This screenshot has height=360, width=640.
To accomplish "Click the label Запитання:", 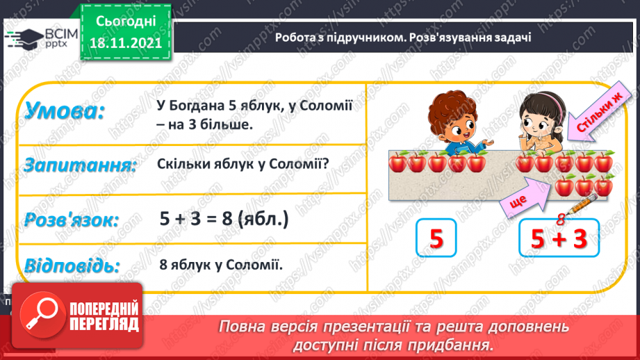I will pos(79,165).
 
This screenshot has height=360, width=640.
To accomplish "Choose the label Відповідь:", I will pos(72,265).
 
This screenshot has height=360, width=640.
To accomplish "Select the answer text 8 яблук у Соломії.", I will pos(219,265).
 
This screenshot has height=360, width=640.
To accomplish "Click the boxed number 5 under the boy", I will pos(436,240).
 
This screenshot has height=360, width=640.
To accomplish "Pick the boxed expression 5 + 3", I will pos(559,240).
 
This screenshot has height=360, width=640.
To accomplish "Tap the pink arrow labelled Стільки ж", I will pos(590,115).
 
